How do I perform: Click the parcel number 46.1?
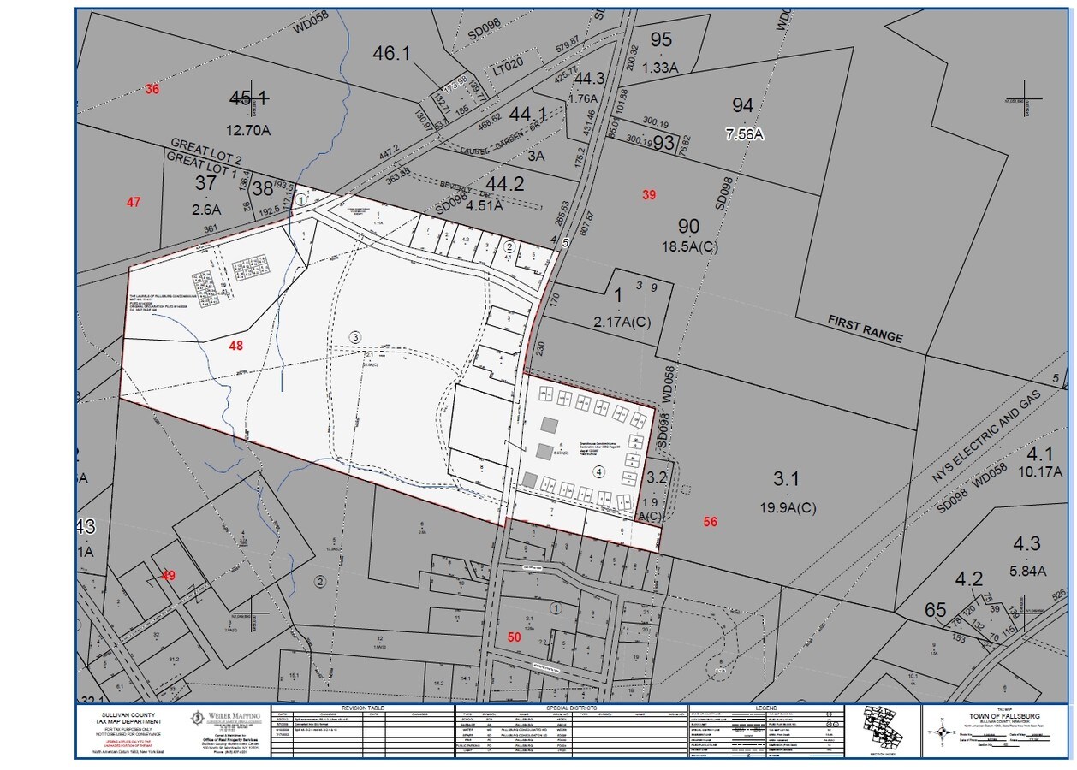(x=392, y=53)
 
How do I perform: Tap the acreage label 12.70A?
(x=248, y=131)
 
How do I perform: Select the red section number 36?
(x=152, y=89)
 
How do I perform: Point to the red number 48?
(x=236, y=345)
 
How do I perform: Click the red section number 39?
(x=649, y=195)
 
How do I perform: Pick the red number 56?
(x=710, y=522)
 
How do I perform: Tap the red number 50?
(x=514, y=637)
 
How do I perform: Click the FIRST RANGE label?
(x=865, y=329)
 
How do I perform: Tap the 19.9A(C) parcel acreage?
(x=788, y=507)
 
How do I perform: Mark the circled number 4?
(x=599, y=471)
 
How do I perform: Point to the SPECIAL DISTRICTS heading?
(x=570, y=708)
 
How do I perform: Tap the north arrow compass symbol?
(x=943, y=731)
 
